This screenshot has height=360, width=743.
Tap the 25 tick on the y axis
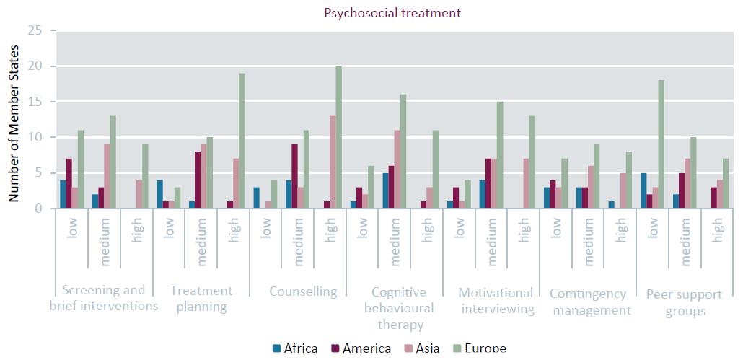pyautogui.click(x=35, y=31)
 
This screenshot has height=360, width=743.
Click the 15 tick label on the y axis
pyautogui.click(x=35, y=102)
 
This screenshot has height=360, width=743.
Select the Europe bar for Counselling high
pyautogui.click(x=338, y=138)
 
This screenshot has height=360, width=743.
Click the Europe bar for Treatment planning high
pyautogui.click(x=242, y=141)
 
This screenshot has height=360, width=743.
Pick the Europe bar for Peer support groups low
pyautogui.click(x=661, y=145)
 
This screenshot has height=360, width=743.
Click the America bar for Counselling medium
pyautogui.click(x=294, y=177)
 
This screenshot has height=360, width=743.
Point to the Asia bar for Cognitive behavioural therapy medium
pyautogui.click(x=397, y=170)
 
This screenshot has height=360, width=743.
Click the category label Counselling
pyautogui.click(x=303, y=291)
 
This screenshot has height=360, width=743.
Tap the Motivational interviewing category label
pyautogui.click(x=496, y=301)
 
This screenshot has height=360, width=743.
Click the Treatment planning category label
pyautogui.click(x=201, y=299)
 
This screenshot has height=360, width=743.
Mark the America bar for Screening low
pyautogui.click(x=68, y=184)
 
